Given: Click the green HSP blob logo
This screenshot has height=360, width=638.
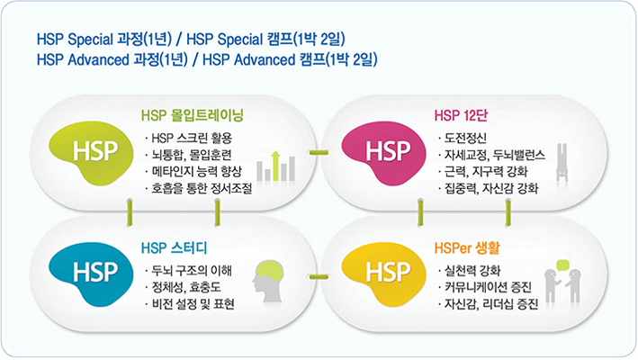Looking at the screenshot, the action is pyautogui.click(x=91, y=152).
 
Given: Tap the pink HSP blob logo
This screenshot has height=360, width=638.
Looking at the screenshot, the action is pyautogui.click(x=383, y=152).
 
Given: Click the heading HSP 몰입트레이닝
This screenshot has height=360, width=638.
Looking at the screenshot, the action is pyautogui.click(x=192, y=115).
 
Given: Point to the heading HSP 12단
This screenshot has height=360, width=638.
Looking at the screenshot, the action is pyautogui.click(x=461, y=115).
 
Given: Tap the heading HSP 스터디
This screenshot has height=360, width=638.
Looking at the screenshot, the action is pyautogui.click(x=175, y=247).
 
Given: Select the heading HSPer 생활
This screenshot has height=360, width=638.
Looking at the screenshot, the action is pyautogui.click(x=467, y=247).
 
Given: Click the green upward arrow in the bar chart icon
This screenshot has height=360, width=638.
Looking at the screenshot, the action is pyautogui.click(x=276, y=166).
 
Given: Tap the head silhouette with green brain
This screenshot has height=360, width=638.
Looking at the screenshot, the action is pyautogui.click(x=268, y=281).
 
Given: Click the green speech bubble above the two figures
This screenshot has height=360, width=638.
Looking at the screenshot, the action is pyautogui.click(x=562, y=265).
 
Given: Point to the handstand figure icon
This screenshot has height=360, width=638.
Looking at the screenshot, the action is pyautogui.click(x=562, y=162).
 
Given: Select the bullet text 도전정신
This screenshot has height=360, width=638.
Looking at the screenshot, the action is pyautogui.click(x=465, y=138).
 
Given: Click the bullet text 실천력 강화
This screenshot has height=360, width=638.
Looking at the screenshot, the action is pyautogui.click(x=472, y=271).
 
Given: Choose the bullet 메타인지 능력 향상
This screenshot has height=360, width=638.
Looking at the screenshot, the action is pyautogui.click(x=196, y=171).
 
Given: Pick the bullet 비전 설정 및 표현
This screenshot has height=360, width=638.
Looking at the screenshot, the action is pyautogui.click(x=193, y=304).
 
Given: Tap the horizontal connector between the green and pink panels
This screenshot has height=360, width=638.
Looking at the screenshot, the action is pyautogui.click(x=319, y=152).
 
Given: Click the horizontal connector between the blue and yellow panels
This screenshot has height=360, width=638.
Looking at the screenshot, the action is pyautogui.click(x=319, y=277).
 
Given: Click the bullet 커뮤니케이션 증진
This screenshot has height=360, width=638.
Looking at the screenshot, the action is pyautogui.click(x=488, y=287).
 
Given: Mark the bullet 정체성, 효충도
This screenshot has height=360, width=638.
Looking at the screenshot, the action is pyautogui.click(x=186, y=287).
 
